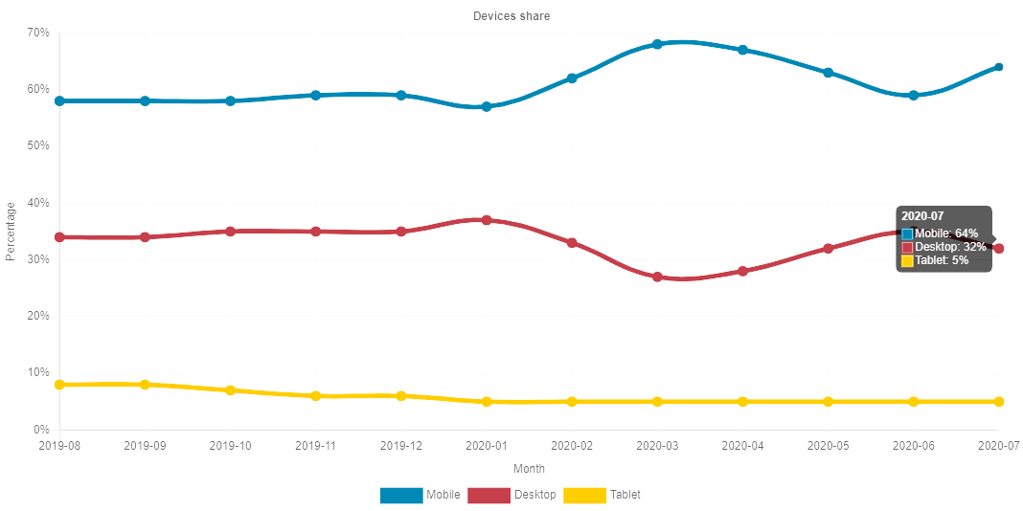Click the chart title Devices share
[511, 16]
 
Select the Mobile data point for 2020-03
[657, 44]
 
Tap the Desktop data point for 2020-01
[487, 220]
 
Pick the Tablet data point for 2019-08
[59, 385]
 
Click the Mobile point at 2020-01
[487, 106]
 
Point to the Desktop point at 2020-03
[657, 277]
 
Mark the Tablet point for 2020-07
[998, 402]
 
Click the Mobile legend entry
[421, 495]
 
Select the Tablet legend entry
[602, 495]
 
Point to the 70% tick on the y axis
[38, 33]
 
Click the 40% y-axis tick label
[38, 203]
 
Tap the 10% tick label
[38, 373]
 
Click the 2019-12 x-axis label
[401, 446]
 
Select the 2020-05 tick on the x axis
[828, 446]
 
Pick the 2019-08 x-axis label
[59, 446]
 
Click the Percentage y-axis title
[11, 231]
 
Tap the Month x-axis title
[529, 469]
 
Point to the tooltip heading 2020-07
[922, 217]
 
